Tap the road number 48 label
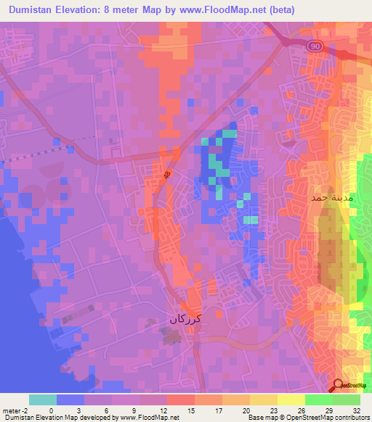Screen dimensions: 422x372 point(168,175)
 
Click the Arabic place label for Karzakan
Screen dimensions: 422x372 point(184,318)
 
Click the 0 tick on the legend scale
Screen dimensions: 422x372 point(50,410)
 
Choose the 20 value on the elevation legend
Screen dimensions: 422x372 point(246,410)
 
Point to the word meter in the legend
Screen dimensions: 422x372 point(11,410)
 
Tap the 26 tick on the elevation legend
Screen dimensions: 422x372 point(301,410)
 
